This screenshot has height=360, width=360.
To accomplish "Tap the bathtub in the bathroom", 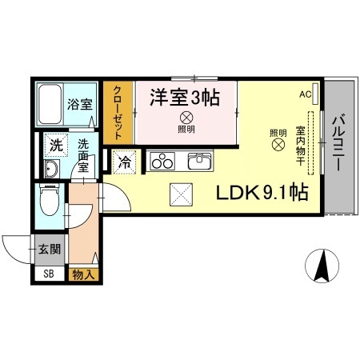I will (x=49, y=102).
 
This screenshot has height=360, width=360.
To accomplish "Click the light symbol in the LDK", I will (x=278, y=145).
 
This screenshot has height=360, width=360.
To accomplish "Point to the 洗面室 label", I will (x=84, y=151).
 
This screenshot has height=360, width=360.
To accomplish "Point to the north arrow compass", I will (x=321, y=265).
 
